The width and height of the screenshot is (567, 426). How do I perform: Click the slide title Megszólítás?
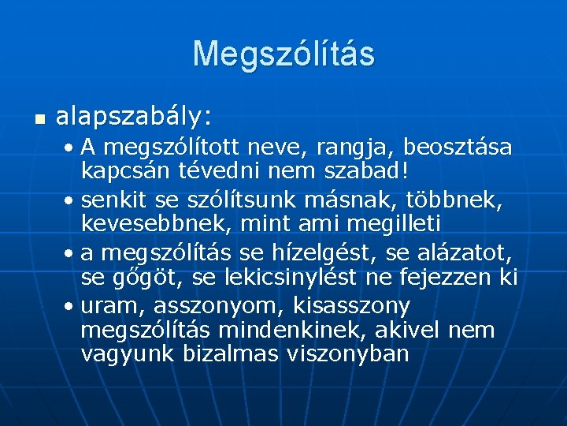coord(283,54)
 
